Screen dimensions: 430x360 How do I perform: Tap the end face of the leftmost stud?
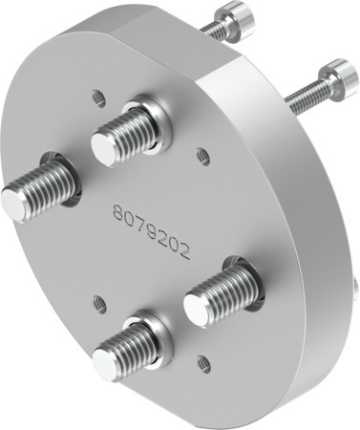coord(16,204)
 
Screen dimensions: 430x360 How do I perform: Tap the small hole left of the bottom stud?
coord(98,303)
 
